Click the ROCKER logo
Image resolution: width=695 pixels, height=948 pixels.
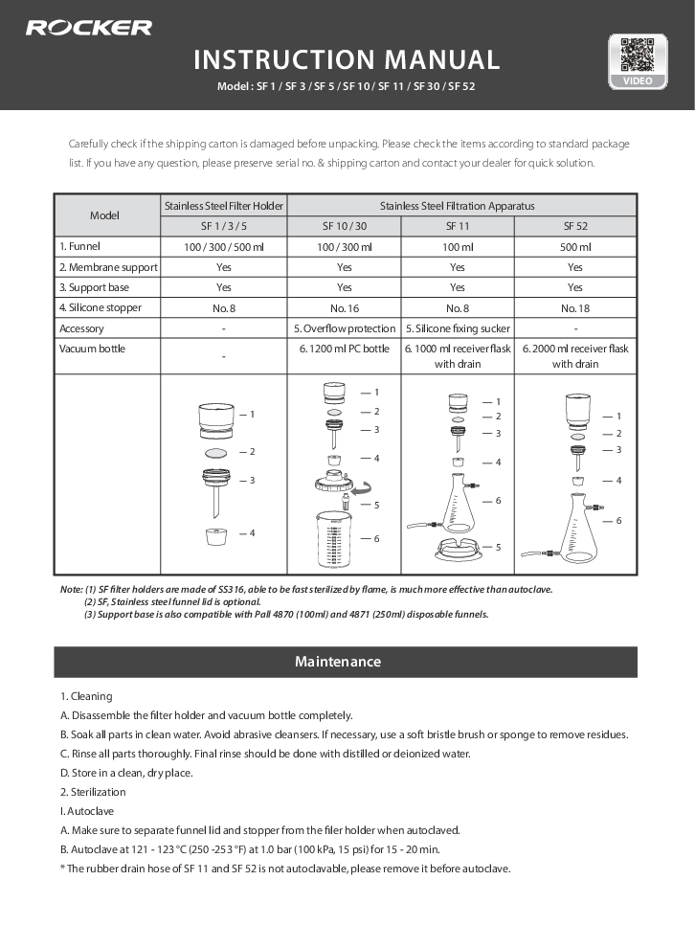88,28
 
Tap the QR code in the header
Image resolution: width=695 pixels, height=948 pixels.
637,55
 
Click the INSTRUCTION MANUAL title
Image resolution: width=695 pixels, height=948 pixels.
347,59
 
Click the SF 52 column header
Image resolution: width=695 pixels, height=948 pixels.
574,226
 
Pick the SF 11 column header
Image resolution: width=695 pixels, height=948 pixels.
457,226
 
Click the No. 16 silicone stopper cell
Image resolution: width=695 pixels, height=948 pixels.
344,307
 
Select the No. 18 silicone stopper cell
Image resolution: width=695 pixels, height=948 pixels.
574,307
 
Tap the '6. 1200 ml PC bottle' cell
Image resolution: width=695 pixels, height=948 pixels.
344,349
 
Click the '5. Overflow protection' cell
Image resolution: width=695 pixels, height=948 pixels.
344,328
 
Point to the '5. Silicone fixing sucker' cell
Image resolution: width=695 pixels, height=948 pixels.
457,328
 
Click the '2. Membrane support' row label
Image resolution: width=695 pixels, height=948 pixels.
107,267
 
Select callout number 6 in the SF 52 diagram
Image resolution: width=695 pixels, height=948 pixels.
618,520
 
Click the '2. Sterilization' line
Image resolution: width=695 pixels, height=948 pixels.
93,792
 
